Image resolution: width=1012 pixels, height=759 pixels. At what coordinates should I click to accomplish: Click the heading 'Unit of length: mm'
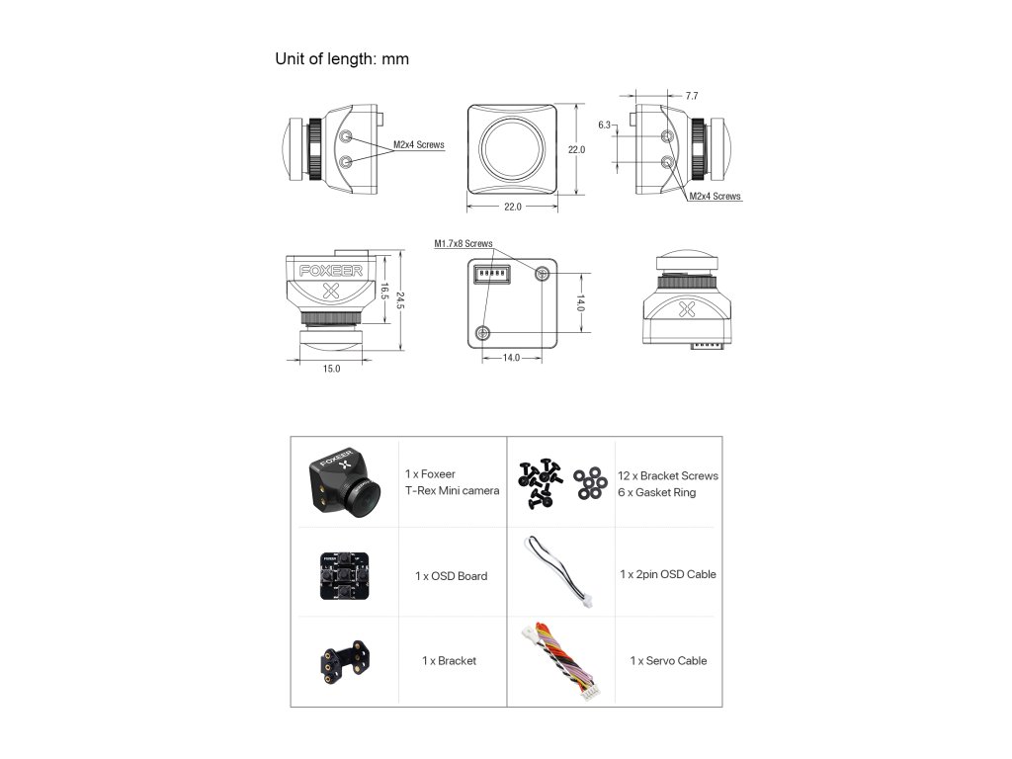[342, 59]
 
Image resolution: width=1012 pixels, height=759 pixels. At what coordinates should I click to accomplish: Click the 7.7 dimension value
[691, 96]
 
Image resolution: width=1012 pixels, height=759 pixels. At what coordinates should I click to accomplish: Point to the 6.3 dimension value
[605, 126]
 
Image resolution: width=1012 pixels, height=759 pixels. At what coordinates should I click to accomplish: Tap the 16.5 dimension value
[383, 293]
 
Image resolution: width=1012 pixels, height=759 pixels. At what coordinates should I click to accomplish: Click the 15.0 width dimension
[331, 369]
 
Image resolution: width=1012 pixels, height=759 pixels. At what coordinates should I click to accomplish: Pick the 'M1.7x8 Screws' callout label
[463, 243]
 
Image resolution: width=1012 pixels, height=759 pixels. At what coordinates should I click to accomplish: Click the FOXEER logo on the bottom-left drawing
[331, 269]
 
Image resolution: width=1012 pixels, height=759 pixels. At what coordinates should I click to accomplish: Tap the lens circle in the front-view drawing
[511, 148]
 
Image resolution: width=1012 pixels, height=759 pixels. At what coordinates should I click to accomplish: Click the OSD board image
[342, 574]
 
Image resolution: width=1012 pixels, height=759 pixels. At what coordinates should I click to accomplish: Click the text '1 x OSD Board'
[451, 576]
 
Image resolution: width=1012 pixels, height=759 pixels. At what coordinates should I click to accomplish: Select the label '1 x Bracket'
[449, 660]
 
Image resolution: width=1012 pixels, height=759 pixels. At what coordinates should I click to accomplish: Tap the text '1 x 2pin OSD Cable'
[668, 574]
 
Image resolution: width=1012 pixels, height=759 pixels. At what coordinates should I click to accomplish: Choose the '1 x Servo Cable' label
[668, 660]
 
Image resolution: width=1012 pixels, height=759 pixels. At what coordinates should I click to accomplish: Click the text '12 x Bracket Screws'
[668, 475]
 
